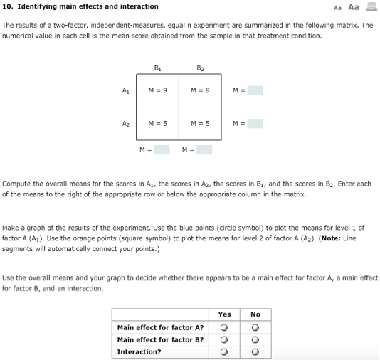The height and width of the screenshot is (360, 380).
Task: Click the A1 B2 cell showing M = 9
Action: click(x=200, y=90)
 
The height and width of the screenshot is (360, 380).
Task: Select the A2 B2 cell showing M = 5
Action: click(x=200, y=123)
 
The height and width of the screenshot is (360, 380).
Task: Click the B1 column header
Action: click(x=157, y=67)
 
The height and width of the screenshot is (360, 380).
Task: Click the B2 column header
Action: click(x=200, y=67)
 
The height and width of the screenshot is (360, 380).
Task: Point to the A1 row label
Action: click(x=126, y=90)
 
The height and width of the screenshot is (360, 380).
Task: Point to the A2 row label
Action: click(x=126, y=123)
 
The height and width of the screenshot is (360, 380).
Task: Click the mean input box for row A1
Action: click(x=255, y=90)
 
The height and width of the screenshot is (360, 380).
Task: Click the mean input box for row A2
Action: click(x=255, y=124)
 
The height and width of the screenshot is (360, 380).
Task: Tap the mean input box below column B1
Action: click(x=162, y=149)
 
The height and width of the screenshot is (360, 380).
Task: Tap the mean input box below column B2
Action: click(x=204, y=149)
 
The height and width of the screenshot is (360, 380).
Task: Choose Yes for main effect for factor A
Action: click(x=224, y=328)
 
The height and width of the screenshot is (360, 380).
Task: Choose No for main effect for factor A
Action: click(x=255, y=328)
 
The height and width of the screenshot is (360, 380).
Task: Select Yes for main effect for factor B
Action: click(x=224, y=339)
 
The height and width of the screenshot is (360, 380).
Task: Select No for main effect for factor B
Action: click(x=255, y=339)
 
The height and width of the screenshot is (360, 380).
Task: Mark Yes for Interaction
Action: click(x=224, y=351)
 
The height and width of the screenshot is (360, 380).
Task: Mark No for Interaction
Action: click(x=255, y=351)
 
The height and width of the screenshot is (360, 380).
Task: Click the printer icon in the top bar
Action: click(x=370, y=6)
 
